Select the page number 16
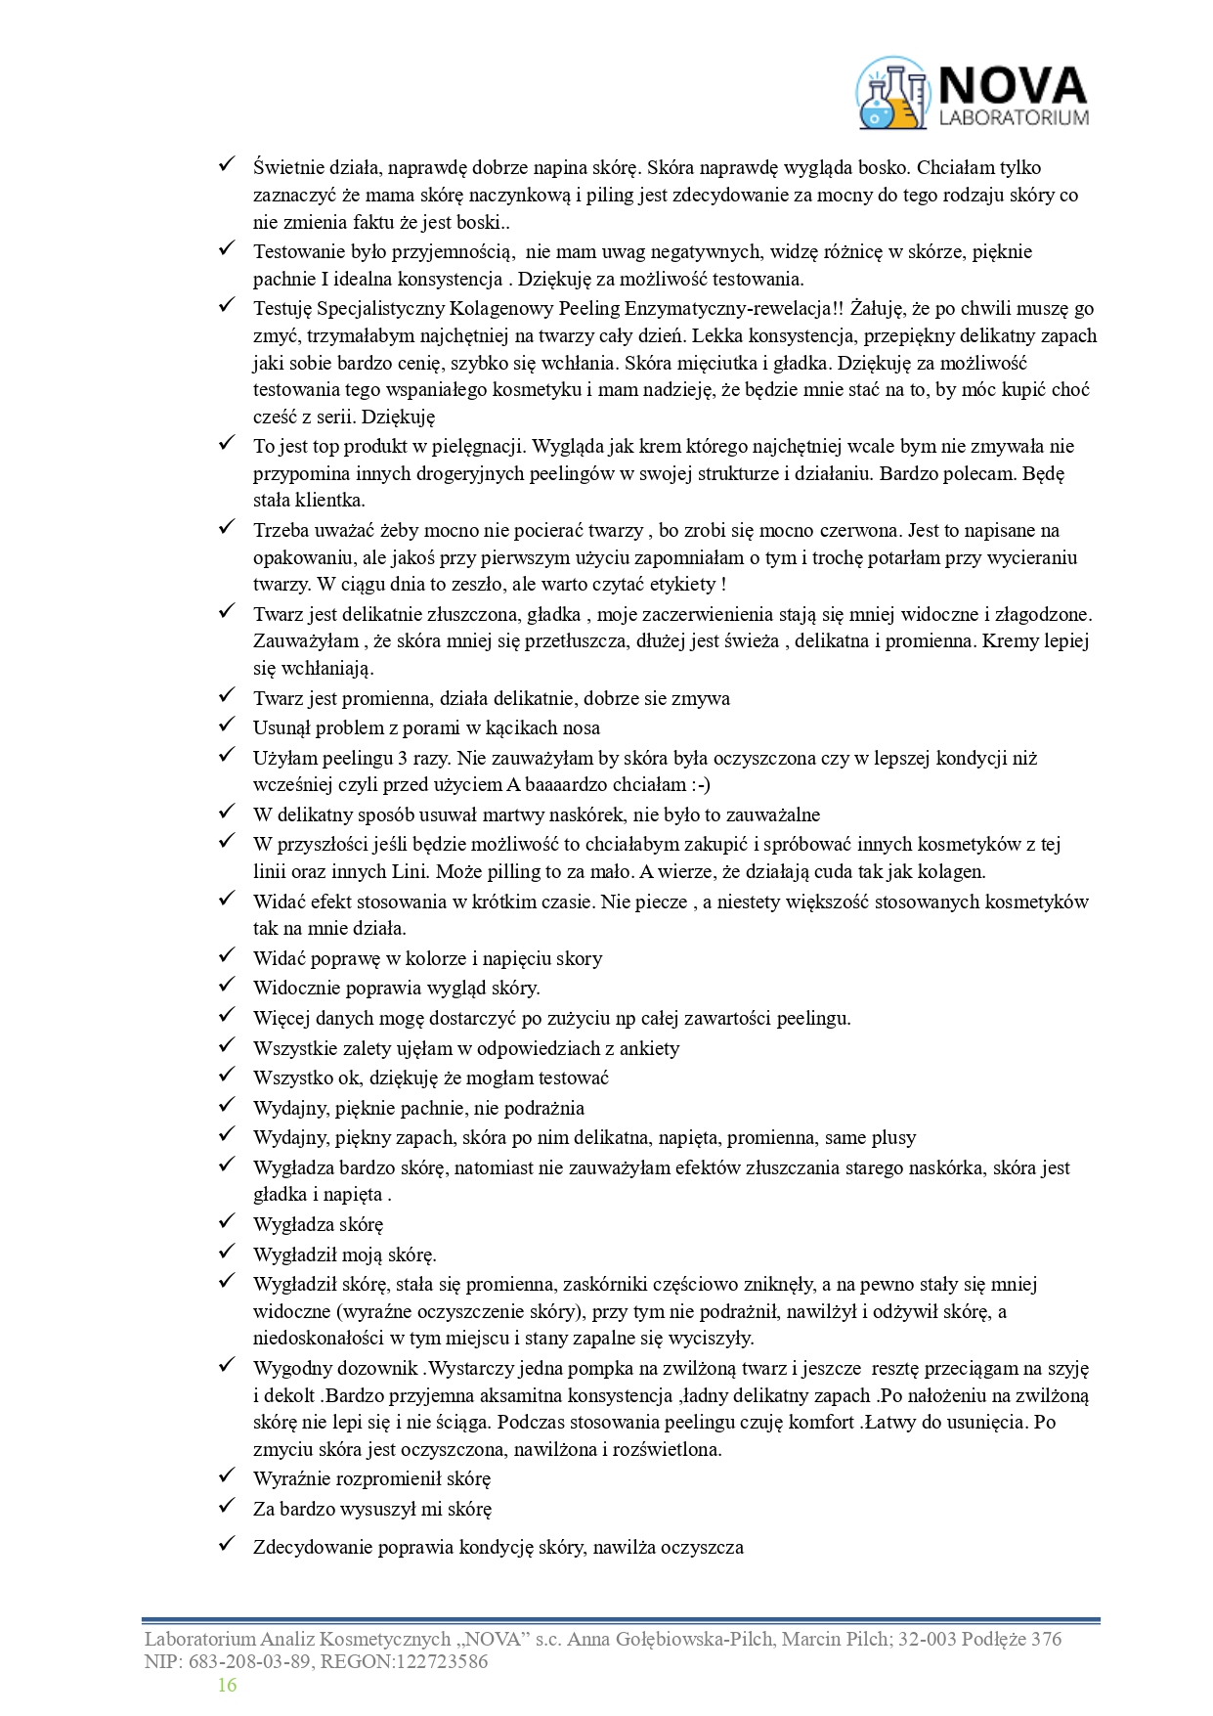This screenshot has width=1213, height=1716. click(227, 1684)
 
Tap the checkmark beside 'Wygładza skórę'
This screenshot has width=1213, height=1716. click(227, 1221)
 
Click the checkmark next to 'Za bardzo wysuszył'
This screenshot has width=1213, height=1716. click(227, 1506)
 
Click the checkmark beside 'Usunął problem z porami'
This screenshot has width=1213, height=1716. click(227, 725)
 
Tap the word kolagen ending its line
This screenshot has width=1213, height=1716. click(951, 871)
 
